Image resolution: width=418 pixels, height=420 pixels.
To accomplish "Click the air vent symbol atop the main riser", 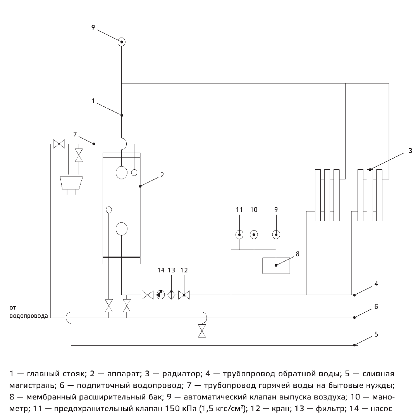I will [121, 41].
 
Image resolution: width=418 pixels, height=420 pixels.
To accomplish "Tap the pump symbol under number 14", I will [161, 295].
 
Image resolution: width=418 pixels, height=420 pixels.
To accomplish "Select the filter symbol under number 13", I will [172, 295].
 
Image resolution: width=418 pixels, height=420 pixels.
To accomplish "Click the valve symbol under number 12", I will [184, 295].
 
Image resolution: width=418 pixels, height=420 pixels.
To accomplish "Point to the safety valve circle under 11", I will [239, 234].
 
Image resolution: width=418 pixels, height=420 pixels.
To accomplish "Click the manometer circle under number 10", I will [253, 234].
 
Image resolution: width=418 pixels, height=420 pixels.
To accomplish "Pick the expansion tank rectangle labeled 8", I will [276, 266].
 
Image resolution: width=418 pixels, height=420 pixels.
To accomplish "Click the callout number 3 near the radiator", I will [410, 151].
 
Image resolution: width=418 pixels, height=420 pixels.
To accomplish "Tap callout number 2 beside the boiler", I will [162, 175].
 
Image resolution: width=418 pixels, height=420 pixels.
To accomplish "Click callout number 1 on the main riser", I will [93, 101].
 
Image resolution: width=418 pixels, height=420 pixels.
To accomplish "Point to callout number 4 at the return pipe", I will [376, 284].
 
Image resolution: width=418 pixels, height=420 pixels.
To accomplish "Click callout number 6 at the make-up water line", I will [376, 306].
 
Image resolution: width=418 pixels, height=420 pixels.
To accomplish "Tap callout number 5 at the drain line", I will [376, 334].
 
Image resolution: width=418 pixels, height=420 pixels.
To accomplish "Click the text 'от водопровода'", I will [29, 312].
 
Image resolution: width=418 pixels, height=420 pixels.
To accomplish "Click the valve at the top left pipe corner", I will [59, 144].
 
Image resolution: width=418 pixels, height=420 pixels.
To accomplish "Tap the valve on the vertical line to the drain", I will [202, 331].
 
